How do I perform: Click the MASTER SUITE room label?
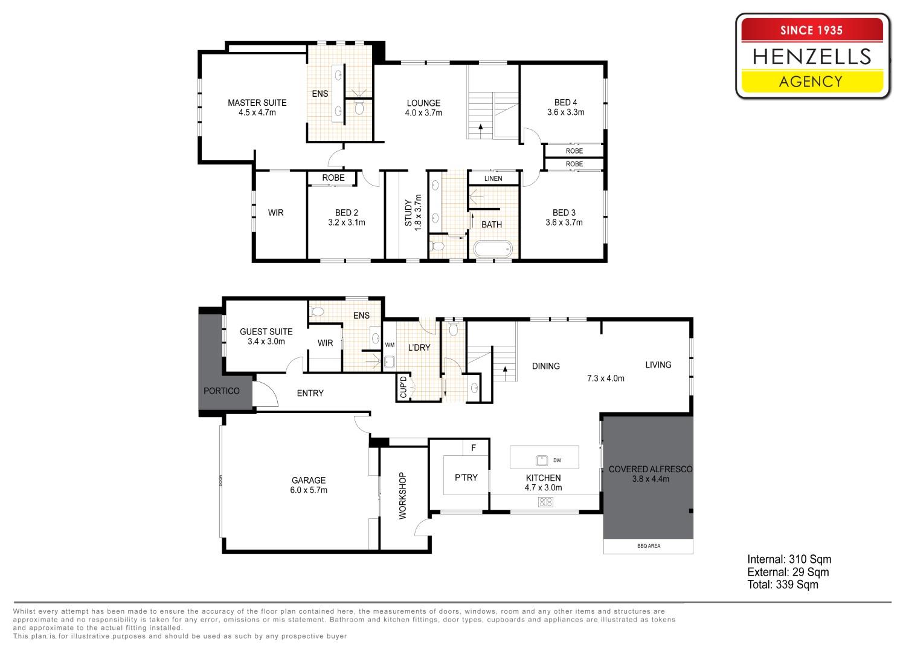coord(257,103)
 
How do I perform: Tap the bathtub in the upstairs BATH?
coord(493,249)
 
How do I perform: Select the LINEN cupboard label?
coord(493,178)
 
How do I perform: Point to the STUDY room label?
coord(408,213)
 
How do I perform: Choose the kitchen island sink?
coord(542,460)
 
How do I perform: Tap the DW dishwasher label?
coord(557,460)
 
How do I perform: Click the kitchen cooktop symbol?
coord(545,502)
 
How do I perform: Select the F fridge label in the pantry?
coord(474,448)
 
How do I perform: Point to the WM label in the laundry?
coord(390,345)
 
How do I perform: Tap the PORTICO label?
coord(221,391)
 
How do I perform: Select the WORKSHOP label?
coord(402,496)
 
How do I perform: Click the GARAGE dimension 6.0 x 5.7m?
coord(309,490)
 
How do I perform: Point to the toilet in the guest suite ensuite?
coord(317,312)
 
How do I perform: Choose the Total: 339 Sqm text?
coord(783,585)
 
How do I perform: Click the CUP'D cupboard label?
coord(403,388)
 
